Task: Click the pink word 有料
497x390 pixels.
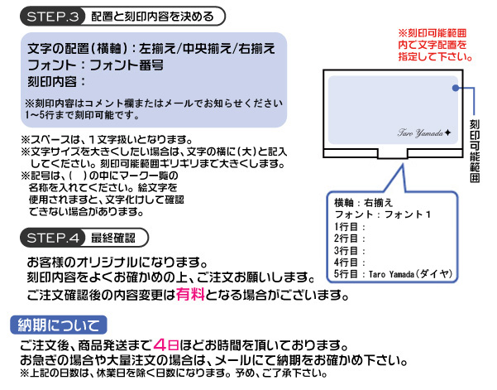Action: click(x=190, y=295)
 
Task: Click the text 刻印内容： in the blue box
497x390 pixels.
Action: click(x=57, y=82)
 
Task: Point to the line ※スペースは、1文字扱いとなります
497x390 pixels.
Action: click(x=107, y=139)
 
